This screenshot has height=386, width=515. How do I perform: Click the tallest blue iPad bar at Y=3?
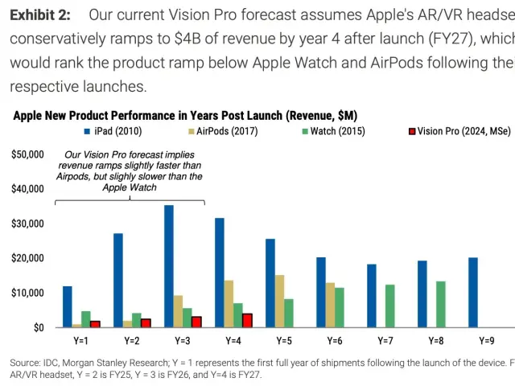tap(169, 266)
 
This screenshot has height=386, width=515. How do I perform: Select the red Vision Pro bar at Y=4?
tap(247, 320)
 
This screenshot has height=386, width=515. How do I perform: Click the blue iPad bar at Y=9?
tap(473, 292)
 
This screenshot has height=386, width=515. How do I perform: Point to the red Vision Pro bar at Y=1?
tap(95, 323)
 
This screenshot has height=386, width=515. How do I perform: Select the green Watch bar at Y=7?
tap(390, 306)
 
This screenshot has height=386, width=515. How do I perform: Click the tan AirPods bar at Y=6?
tap(329, 305)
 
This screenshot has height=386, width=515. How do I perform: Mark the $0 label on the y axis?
tap(39, 327)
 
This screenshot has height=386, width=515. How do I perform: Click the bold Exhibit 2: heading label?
tap(39, 15)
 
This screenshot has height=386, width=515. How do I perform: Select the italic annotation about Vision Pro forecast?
tap(130, 170)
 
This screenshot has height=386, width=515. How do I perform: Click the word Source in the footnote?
tap(25, 362)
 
